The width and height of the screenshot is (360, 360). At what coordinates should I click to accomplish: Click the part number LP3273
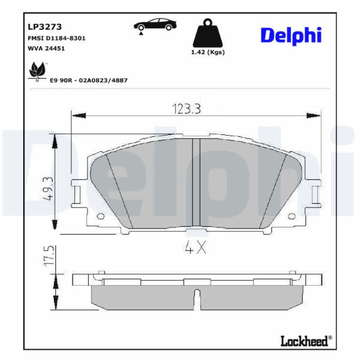click(x=45, y=27)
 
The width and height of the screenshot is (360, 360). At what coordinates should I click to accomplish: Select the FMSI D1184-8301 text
click(x=56, y=38)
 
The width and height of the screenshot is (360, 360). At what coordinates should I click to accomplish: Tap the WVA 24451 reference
click(x=46, y=49)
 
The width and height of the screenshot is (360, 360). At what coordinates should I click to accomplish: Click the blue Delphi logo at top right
click(x=291, y=35)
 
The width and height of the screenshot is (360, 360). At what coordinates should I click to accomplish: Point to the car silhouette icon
click(x=155, y=25)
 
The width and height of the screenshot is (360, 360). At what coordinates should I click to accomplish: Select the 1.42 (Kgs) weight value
click(x=208, y=52)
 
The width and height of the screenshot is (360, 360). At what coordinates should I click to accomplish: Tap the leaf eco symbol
click(x=37, y=70)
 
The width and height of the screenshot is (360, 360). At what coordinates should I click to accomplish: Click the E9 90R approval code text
click(x=89, y=80)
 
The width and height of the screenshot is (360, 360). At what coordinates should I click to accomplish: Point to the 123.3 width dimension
click(x=187, y=109)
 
